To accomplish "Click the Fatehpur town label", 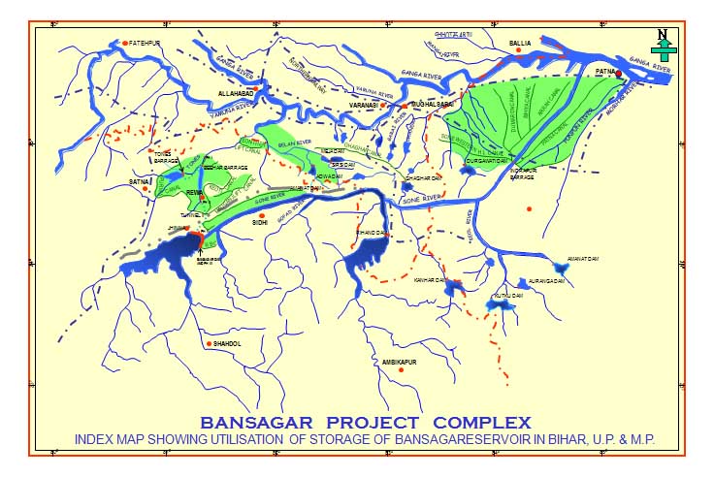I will [146, 43].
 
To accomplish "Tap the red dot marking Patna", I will [618, 73].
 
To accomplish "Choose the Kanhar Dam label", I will [429, 279].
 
